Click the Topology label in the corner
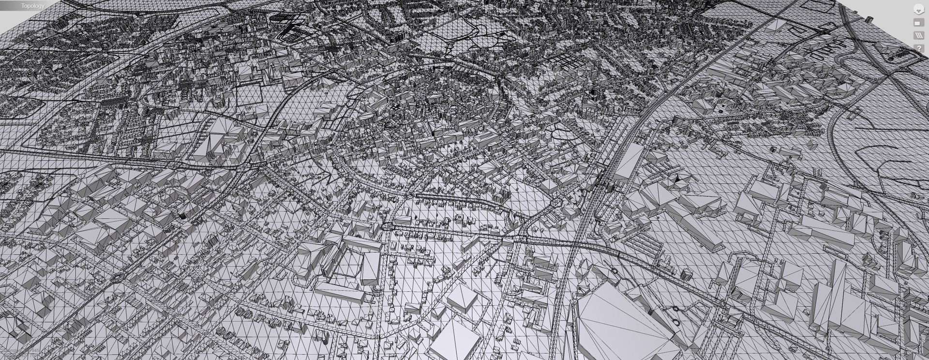click(32, 6)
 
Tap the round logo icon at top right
click(918, 9)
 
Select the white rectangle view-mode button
click(918, 23)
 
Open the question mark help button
click(918, 48)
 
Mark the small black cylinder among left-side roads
click(182, 216)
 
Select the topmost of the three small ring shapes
click(614, 271)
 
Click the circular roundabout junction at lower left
click(117, 279)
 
